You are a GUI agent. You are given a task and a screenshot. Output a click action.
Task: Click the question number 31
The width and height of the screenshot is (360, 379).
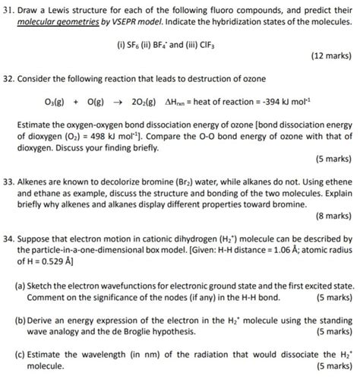coord(9,9)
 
